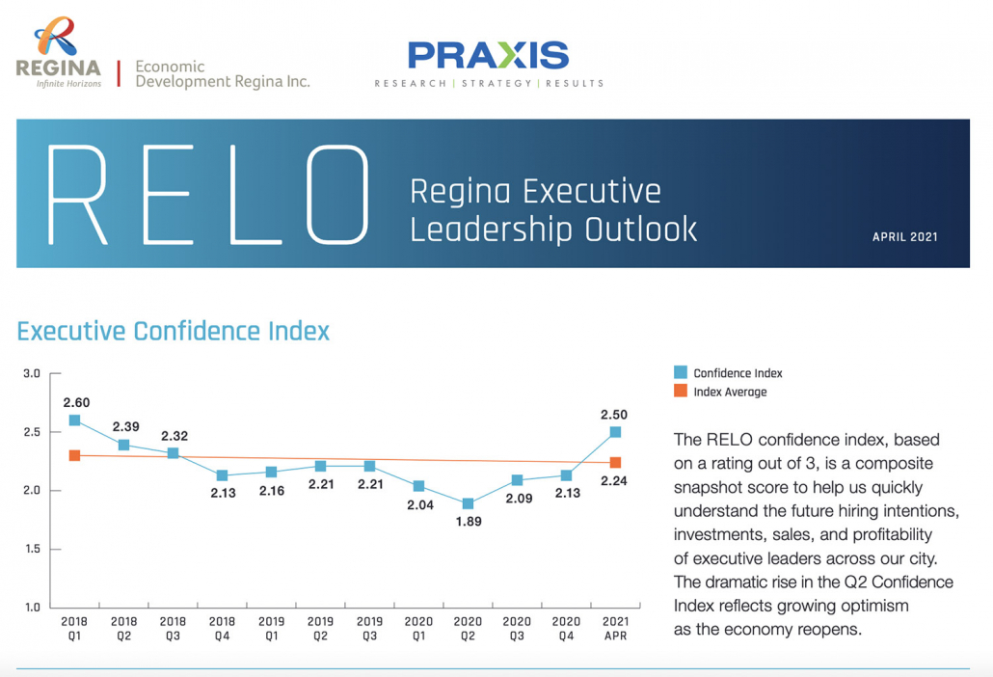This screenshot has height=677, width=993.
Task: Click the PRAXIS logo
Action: point(488,56)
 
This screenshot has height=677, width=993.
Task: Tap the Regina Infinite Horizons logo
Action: point(59,54)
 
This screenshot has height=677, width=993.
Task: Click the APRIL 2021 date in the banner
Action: point(904,236)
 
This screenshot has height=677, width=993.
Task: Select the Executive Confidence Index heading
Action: point(174,332)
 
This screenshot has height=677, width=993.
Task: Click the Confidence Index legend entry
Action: point(728,373)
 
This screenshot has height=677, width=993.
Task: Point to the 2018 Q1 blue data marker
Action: point(74,420)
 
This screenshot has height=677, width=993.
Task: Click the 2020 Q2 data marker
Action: point(468,503)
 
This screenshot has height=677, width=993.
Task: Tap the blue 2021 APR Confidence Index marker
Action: point(615,433)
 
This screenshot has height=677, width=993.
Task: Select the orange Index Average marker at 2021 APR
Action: point(615,463)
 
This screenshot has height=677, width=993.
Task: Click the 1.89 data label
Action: point(468,522)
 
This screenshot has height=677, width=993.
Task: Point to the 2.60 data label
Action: point(76,402)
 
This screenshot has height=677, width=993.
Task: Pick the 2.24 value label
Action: point(613,481)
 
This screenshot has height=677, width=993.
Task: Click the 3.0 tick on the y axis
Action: point(31,373)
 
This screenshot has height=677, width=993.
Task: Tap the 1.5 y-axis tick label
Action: point(31,550)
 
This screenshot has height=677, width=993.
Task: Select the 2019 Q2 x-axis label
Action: point(320,629)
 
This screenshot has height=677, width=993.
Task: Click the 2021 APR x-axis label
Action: point(614,629)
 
